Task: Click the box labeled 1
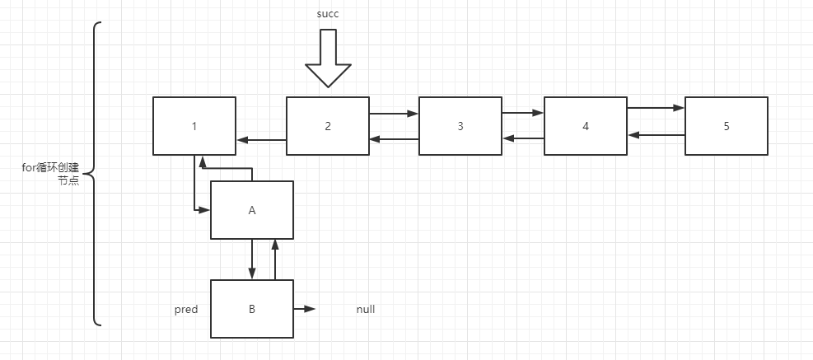[x=194, y=126]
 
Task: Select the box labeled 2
[x=327, y=126]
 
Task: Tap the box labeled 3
[x=460, y=126]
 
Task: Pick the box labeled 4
[x=586, y=126]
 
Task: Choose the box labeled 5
[x=726, y=126]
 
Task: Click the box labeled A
[x=252, y=210]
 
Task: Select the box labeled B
[x=252, y=309]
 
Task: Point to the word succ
[x=327, y=14]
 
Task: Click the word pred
[x=185, y=310]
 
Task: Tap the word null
[x=366, y=310]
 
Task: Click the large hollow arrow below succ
[x=327, y=58]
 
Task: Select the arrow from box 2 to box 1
[x=261, y=140]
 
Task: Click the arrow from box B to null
[x=304, y=309]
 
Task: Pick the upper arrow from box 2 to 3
[x=394, y=113]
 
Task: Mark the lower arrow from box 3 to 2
[x=394, y=139]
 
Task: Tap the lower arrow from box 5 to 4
[x=656, y=134]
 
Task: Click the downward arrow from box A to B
[x=252, y=259]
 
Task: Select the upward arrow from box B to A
[x=275, y=259]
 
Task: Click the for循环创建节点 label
[x=51, y=175]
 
